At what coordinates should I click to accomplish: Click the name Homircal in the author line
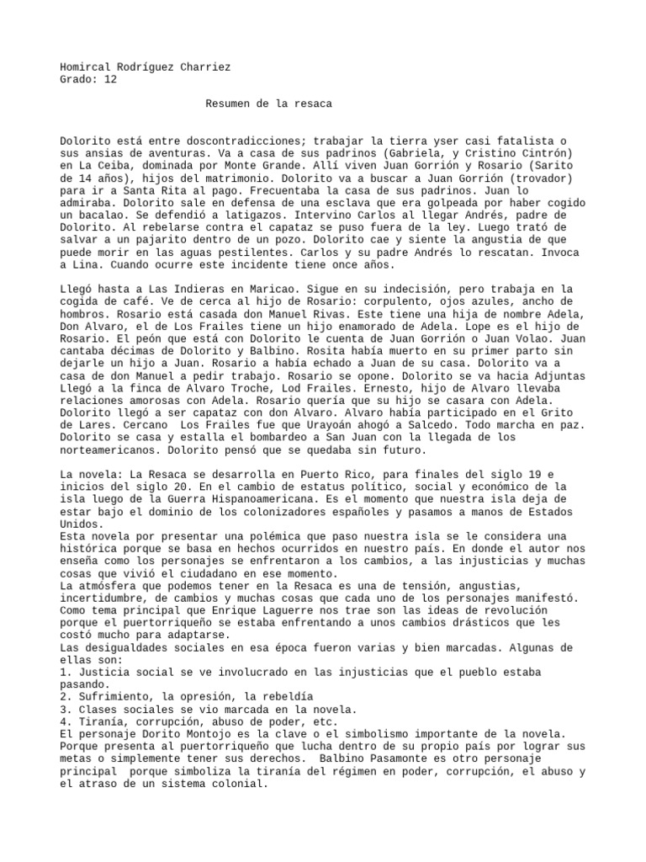88,67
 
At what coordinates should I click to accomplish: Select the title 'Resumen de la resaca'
268,104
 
